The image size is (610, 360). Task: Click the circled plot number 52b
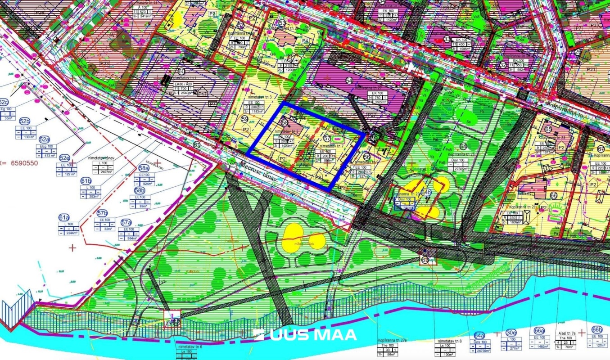(x=24, y=121)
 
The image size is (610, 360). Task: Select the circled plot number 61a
(x=63, y=217)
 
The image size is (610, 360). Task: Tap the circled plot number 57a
(x=126, y=222)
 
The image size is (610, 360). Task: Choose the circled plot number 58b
(x=140, y=190)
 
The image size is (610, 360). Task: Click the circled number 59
(x=245, y=119)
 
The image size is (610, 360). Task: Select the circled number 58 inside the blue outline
(x=285, y=122)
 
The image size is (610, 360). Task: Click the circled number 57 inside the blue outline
(x=327, y=138)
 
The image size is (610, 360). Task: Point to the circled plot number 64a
(x=479, y=336)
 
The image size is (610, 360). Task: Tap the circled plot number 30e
(x=511, y=333)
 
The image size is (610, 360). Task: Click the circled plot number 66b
(x=597, y=329)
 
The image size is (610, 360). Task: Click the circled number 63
(x=425, y=260)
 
